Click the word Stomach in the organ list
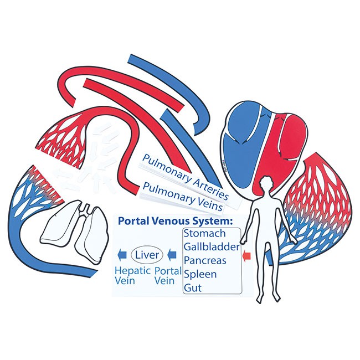204,233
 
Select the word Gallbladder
212,247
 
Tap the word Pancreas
205,260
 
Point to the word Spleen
200,274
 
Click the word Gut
193,287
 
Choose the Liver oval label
147,255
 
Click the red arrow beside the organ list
246,256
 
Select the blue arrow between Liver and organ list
172,255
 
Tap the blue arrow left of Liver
122,255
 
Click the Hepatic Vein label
132,276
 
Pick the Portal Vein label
168,276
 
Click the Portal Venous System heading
176,221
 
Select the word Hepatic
132,271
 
